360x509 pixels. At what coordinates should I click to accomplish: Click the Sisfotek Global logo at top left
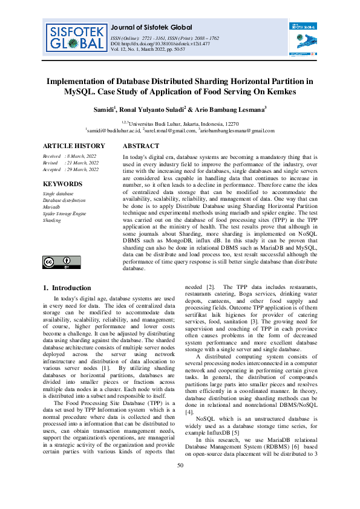click(73, 37)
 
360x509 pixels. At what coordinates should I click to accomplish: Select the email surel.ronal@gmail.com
click(171, 130)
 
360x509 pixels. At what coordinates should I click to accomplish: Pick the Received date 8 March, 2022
click(80, 156)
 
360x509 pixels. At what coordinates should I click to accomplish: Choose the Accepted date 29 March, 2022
click(82, 170)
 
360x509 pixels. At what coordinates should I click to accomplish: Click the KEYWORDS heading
click(63, 184)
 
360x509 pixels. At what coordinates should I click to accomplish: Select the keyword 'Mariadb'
click(52, 207)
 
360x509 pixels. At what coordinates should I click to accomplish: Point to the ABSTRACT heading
click(141, 146)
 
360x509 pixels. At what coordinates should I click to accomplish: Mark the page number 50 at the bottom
click(180, 482)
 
